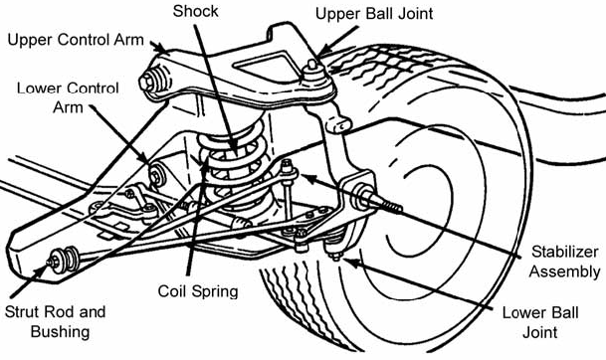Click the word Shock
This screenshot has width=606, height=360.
tap(196, 11)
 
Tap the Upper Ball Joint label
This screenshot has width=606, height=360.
tap(374, 14)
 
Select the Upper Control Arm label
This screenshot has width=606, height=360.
tap(76, 40)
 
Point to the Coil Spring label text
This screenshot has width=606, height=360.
tap(198, 290)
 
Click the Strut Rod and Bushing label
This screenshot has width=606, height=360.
tap(56, 321)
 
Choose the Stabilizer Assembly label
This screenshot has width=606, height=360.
tap(564, 262)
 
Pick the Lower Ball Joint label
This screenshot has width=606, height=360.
tap(540, 322)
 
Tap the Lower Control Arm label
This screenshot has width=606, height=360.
tap(68, 97)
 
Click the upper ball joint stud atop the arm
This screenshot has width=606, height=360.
tap(312, 66)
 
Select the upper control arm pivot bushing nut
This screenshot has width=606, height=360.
tap(146, 82)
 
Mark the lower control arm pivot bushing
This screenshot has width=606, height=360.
tap(157, 175)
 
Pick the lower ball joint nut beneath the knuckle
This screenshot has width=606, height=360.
tap(335, 255)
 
